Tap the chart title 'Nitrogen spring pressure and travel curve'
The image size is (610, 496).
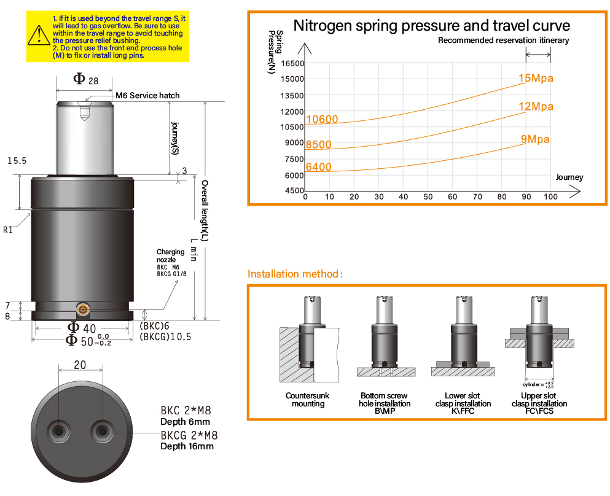pyautogui.click(x=431, y=25)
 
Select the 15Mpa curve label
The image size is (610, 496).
pyautogui.click(x=536, y=79)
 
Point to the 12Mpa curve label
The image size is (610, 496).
pyautogui.click(x=536, y=107)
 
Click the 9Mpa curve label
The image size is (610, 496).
pyautogui.click(x=535, y=139)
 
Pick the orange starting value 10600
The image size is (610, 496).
pyautogui.click(x=322, y=119)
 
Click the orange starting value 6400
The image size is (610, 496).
pyautogui.click(x=318, y=167)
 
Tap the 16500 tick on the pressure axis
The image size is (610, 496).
pyautogui.click(x=292, y=63)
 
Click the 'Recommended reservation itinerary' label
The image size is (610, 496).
pyautogui.click(x=503, y=41)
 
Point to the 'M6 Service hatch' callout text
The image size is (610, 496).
pyautogui.click(x=147, y=95)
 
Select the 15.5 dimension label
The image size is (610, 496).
pyautogui.click(x=17, y=161)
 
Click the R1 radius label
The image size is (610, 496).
pyautogui.click(x=8, y=230)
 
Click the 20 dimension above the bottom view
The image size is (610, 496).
pyautogui.click(x=80, y=365)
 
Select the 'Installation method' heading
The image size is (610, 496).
pyautogui.click(x=295, y=274)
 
